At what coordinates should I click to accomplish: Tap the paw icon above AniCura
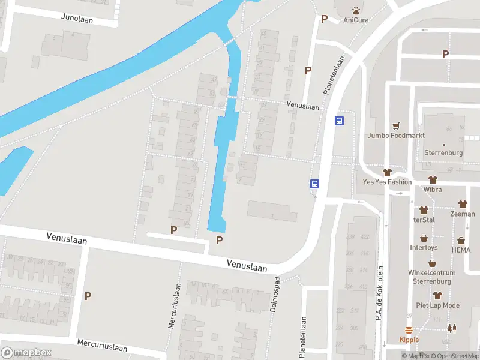point(356,10)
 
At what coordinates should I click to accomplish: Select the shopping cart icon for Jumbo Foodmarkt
point(396,126)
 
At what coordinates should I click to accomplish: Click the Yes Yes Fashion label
point(388,182)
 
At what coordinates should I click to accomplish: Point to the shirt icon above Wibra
point(433,179)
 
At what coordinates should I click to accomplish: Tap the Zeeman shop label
point(463,214)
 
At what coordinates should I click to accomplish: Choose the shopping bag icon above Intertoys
point(424,238)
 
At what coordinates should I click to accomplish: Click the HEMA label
point(461,250)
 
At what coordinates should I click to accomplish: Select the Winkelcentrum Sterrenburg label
point(432,277)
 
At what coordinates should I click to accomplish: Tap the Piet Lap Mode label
point(438,305)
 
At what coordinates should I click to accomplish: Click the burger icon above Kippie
point(409,330)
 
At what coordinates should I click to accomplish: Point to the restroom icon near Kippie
point(451,328)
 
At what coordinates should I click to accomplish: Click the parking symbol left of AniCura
point(324,19)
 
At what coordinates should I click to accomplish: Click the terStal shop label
point(424,220)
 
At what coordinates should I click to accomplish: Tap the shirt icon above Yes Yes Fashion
point(388,172)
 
